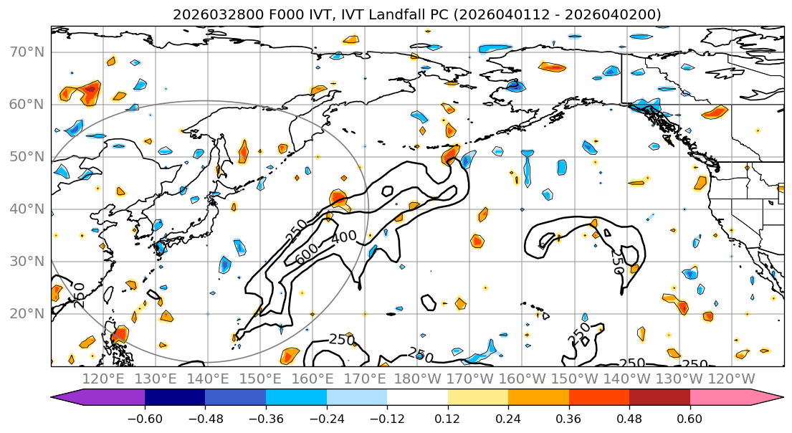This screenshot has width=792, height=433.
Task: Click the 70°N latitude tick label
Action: [26, 52]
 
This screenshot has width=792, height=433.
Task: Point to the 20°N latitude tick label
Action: [26, 313]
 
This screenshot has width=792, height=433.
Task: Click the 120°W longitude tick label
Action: [732, 379]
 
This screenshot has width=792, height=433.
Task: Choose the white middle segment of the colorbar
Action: [417, 398]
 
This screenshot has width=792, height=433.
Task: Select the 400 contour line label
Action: [344, 237]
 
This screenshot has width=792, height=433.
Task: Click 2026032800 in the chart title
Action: [209, 14]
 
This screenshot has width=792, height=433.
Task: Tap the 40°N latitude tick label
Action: [26, 209]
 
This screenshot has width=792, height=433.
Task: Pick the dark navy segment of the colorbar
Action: [174, 398]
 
